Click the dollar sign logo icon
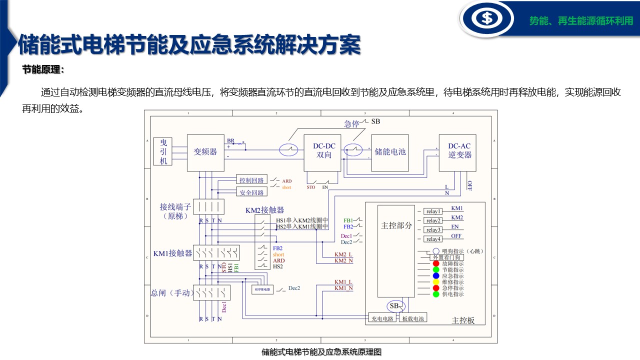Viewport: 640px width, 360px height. point(486,18)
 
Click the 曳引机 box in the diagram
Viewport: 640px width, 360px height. point(163,151)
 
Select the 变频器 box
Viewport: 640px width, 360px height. point(205,152)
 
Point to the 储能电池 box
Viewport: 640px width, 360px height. point(390,151)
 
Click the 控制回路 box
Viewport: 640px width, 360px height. point(251,180)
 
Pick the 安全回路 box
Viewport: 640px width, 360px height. point(251,192)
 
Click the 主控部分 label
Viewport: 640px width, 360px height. point(396,225)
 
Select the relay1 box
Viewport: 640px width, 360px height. point(433,211)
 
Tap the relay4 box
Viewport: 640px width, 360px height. point(433,239)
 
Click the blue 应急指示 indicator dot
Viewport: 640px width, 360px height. point(436,275)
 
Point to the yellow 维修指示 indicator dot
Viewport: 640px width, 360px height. point(436,282)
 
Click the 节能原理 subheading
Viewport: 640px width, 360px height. point(43,70)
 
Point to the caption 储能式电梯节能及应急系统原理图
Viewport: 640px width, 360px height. point(321,352)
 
